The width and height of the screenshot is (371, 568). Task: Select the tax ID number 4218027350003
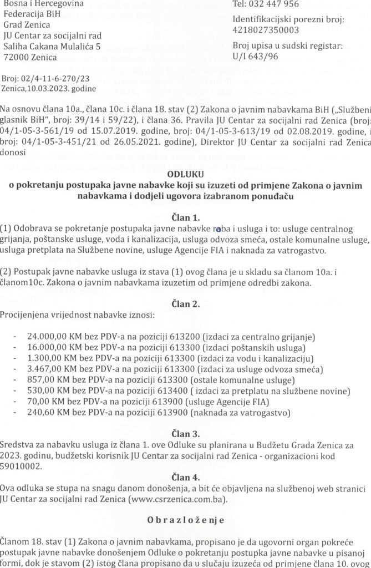point(267,31)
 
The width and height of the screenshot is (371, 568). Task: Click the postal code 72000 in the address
point(15,57)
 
